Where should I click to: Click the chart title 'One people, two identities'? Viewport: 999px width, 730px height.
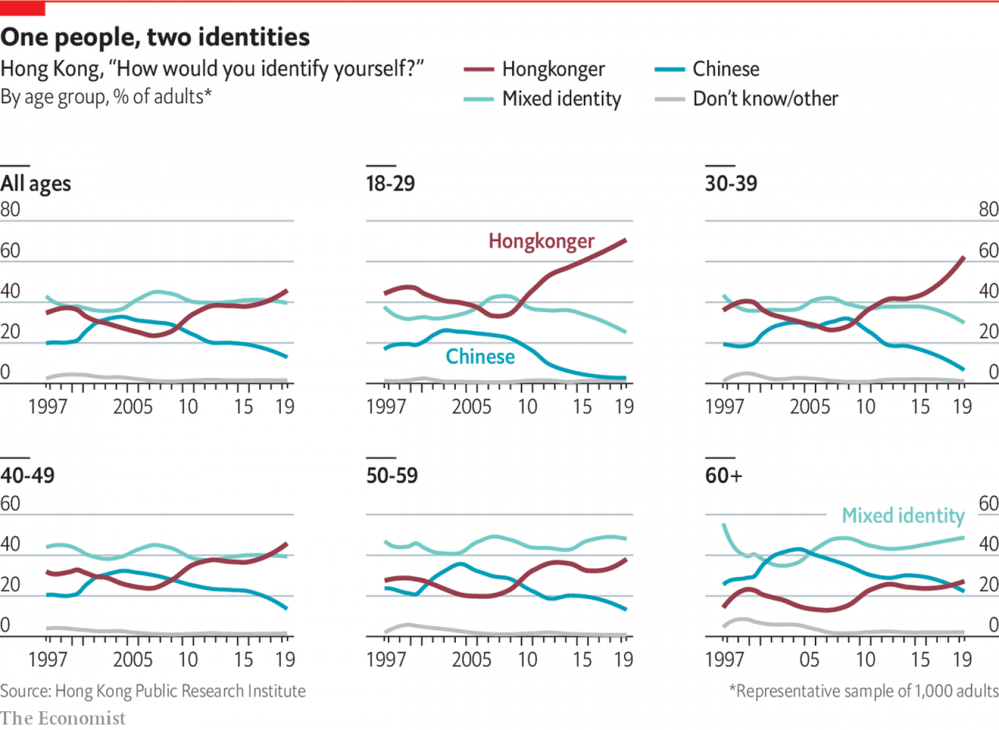(x=155, y=37)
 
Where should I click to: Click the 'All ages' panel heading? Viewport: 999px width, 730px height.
(x=36, y=184)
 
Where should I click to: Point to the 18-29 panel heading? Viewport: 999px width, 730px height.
(x=390, y=184)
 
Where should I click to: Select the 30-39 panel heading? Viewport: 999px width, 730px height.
(x=731, y=184)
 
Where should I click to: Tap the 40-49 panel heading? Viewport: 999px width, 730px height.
(x=27, y=475)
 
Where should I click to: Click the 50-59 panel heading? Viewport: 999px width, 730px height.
(x=391, y=475)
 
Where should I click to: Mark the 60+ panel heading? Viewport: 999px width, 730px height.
(x=724, y=475)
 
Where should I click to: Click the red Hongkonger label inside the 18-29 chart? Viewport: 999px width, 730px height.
(x=541, y=241)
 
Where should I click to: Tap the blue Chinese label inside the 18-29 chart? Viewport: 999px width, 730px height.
(x=480, y=357)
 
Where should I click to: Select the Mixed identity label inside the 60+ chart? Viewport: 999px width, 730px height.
(x=903, y=516)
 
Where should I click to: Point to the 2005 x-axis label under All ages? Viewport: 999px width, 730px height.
(x=132, y=407)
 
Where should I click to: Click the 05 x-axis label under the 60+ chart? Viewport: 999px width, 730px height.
(x=809, y=659)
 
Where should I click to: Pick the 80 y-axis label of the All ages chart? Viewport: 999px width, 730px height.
(x=10, y=210)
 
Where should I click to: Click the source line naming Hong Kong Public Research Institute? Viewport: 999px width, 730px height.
(x=153, y=691)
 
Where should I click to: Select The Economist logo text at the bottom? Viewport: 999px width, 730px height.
(x=62, y=718)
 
